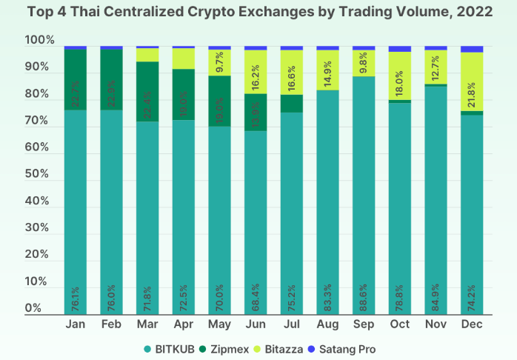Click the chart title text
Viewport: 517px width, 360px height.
click(x=258, y=12)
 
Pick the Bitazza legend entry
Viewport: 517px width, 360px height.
click(x=282, y=348)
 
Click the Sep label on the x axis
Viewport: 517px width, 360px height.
click(x=363, y=325)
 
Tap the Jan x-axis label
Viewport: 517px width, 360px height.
click(x=76, y=325)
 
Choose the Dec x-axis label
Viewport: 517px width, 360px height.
click(x=472, y=325)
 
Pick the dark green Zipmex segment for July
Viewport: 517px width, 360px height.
click(x=292, y=103)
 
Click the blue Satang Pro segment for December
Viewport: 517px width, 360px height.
click(x=472, y=49)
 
